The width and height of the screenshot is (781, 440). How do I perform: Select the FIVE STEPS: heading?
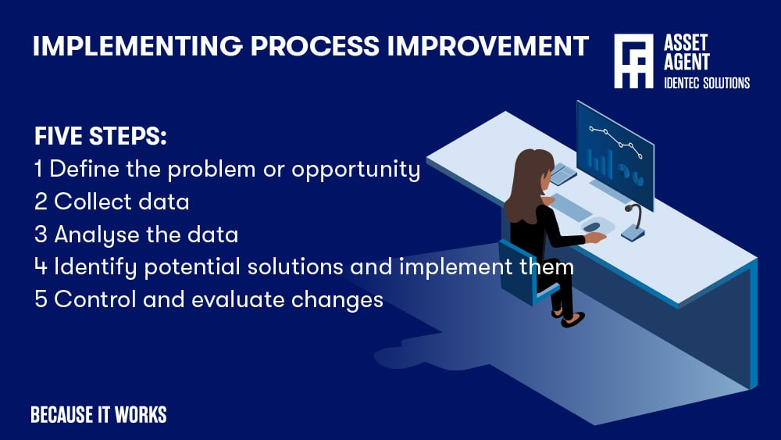(101, 136)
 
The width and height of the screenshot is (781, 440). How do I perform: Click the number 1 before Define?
(39, 169)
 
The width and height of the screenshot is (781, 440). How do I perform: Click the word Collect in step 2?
(83, 202)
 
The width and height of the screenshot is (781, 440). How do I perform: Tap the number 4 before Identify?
(41, 267)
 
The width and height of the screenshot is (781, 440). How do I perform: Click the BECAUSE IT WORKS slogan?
(98, 415)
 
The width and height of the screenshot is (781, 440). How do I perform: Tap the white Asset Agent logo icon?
(633, 61)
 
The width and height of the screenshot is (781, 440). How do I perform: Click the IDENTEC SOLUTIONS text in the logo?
(706, 83)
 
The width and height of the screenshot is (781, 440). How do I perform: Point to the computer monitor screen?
(614, 144)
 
